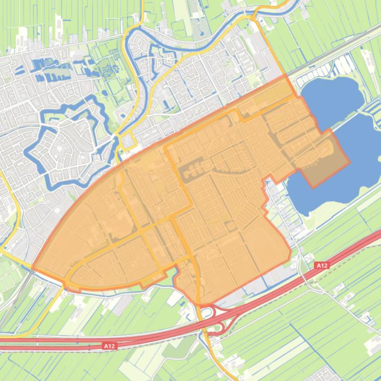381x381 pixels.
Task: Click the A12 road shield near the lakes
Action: click(x=322, y=266)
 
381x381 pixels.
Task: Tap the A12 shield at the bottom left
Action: click(x=109, y=346)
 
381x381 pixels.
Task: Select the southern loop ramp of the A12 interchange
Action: click(x=217, y=330)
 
